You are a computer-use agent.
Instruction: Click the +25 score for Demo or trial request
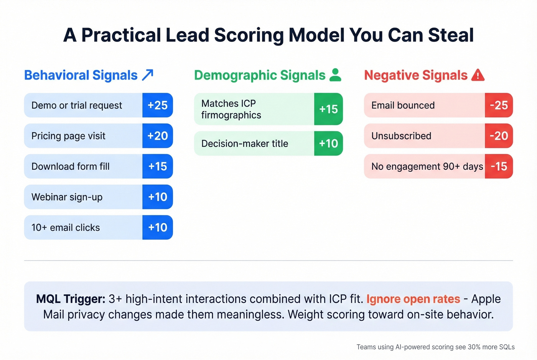click(158, 105)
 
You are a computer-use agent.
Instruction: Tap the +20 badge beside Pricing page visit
click(158, 136)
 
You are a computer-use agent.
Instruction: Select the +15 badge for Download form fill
click(158, 166)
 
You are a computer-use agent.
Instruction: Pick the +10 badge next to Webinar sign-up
click(158, 197)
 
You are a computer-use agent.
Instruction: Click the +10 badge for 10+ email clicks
click(158, 228)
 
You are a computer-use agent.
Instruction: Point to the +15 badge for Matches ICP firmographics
click(328, 109)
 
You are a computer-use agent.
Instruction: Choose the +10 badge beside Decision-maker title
click(328, 143)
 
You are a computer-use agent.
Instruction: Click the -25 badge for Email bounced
click(499, 105)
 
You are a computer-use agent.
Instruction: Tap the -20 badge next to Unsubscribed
click(499, 136)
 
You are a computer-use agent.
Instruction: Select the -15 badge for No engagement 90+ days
click(499, 166)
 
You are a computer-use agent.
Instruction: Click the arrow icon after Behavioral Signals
click(148, 75)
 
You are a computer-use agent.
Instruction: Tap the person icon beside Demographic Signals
click(335, 75)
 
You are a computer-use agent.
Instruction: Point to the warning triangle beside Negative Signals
click(478, 75)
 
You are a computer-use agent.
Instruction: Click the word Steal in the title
click(451, 35)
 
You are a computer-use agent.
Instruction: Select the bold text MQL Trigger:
click(71, 299)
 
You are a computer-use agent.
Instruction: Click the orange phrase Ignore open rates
click(413, 299)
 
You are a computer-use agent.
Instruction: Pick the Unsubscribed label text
click(401, 136)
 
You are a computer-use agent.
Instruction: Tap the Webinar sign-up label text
click(67, 197)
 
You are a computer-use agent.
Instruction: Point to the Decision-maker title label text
click(245, 144)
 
